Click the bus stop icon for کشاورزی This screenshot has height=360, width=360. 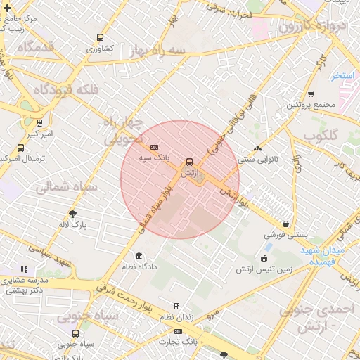(x=101, y=37)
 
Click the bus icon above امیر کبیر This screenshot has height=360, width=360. (x=39, y=122)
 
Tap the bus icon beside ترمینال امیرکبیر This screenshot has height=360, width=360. (x=20, y=148)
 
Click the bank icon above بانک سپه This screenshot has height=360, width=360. (x=155, y=146)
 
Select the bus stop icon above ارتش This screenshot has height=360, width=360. (x=188, y=161)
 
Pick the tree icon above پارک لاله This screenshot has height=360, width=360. (x=72, y=213)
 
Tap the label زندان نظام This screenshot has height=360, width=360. (x=177, y=319)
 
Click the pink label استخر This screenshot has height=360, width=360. (x=345, y=75)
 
